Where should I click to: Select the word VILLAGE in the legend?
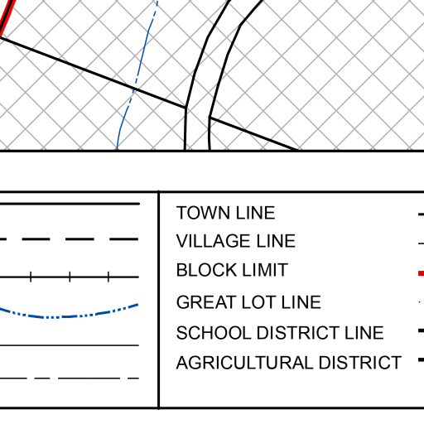coord(214,241)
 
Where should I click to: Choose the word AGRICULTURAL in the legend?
coord(245,363)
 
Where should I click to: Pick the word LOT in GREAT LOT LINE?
coord(258,302)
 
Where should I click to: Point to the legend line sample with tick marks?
coord(70,277)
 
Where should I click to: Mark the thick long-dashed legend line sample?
coord(70,239)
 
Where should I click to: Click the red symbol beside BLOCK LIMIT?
coord(421,273)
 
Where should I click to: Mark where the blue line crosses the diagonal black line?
coord(134,89)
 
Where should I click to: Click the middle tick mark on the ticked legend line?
coord(70,277)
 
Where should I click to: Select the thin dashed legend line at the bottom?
coord(70,378)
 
